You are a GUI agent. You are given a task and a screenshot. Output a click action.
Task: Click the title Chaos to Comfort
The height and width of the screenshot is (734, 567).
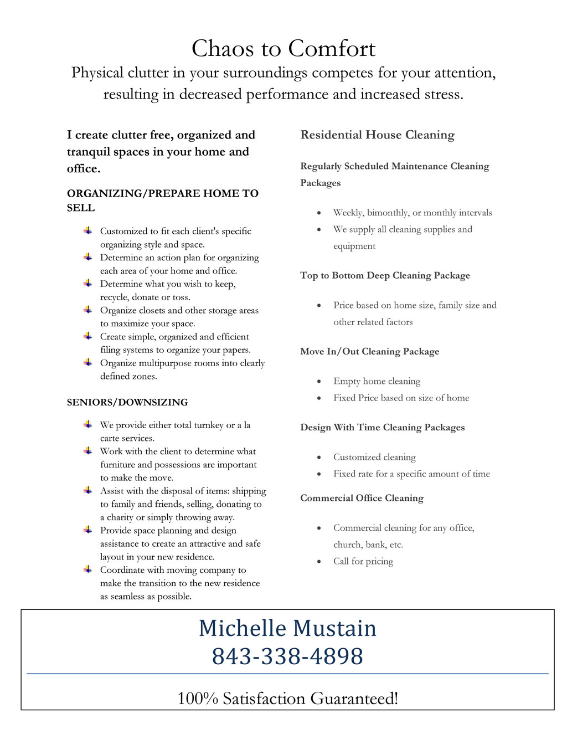click(283, 49)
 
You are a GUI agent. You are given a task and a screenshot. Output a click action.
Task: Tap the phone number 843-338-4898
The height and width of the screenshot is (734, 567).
click(287, 656)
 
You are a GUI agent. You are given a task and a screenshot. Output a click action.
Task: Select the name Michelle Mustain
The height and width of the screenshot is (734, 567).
click(287, 628)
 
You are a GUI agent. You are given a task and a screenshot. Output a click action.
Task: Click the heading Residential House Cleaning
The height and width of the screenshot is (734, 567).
click(377, 135)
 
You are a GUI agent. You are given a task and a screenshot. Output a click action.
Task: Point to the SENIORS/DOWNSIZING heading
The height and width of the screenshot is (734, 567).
click(127, 402)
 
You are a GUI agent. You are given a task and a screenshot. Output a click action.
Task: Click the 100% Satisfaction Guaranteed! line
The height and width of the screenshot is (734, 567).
click(287, 698)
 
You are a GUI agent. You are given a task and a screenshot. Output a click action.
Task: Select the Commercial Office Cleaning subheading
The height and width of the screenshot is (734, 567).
click(362, 498)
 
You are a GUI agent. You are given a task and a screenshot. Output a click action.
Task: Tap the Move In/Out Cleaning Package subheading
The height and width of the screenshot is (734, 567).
click(369, 351)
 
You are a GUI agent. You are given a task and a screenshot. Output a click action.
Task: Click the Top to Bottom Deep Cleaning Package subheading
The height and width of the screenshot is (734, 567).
click(385, 275)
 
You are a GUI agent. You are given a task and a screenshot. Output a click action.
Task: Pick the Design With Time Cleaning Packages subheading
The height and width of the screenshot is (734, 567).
click(382, 427)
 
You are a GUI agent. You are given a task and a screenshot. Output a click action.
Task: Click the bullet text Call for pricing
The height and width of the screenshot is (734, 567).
click(363, 561)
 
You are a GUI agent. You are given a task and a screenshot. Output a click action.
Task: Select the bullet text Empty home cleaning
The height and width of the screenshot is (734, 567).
click(377, 381)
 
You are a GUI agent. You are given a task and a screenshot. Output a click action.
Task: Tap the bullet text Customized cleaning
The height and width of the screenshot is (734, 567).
click(374, 457)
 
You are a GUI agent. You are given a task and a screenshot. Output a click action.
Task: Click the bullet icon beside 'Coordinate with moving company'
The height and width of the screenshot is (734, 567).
click(88, 569)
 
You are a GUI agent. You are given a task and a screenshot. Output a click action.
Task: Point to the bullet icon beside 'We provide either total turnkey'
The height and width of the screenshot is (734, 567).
click(88, 424)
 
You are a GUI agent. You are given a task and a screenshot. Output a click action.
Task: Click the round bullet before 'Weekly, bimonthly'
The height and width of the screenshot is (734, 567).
click(319, 213)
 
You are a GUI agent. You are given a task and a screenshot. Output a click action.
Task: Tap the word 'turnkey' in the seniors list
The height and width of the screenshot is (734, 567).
click(209, 425)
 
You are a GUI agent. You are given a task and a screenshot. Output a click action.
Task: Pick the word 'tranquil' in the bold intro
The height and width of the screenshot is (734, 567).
click(88, 152)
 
